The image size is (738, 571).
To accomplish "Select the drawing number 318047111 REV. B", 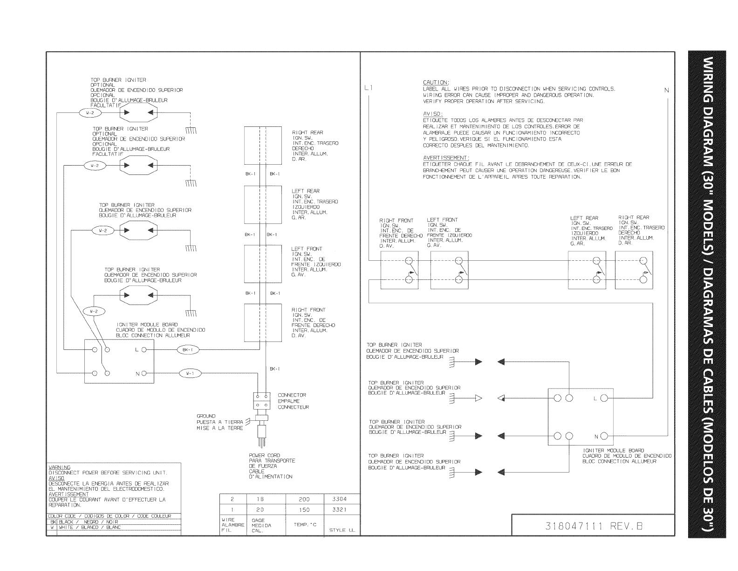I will coord(594,526).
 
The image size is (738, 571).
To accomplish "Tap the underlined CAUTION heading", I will coord(436,83).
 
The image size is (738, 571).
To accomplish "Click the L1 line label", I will coord(369,87).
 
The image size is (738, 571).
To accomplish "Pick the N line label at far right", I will coord(667,90).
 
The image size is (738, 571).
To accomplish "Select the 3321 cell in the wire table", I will coord(339,510).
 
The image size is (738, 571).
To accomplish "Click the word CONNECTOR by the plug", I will coord(292,395).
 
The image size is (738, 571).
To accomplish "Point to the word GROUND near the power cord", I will coord(206,416).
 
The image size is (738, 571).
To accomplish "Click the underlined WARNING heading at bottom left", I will coord(60,467).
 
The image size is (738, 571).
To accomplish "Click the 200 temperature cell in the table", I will coord(304,499).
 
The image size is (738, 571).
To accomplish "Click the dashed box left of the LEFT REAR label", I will coord(263,204).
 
